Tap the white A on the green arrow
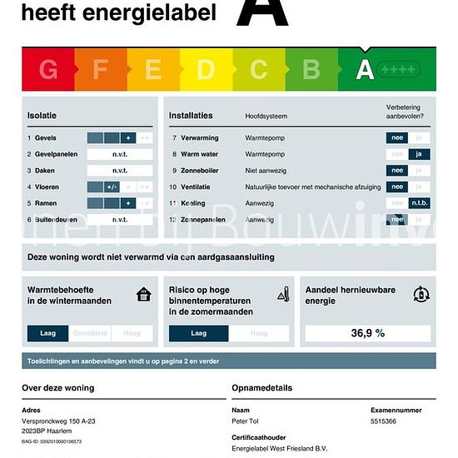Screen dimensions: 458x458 (365, 70)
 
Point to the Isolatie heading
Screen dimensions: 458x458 (42, 115)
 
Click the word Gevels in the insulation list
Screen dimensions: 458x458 (46, 137)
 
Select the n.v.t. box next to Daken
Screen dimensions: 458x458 (120, 171)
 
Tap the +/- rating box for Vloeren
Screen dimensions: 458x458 (112, 187)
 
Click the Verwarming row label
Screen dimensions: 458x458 (201, 137)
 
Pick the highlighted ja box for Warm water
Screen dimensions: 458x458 (420, 154)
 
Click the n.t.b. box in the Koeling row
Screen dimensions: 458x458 (420, 203)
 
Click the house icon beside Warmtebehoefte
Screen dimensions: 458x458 (144, 294)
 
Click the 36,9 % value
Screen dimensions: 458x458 (367, 333)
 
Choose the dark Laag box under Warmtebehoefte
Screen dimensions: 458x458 (48, 333)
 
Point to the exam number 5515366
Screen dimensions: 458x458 (384, 422)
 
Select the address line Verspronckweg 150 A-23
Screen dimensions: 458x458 (58, 422)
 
